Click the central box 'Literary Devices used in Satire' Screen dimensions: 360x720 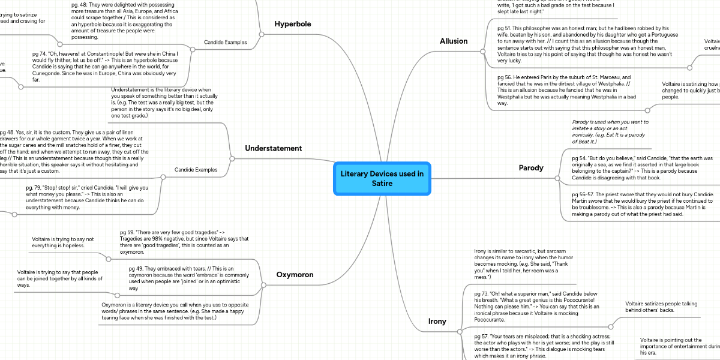pyautogui.click(x=382, y=178)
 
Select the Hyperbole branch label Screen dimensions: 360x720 pyautogui.click(x=293, y=24)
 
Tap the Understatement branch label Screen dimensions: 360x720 pyautogui.click(x=273, y=148)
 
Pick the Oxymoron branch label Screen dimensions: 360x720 pyautogui.click(x=295, y=275)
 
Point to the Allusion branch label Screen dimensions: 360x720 pyautogui.click(x=453, y=41)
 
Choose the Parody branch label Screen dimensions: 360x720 pyautogui.click(x=532, y=168)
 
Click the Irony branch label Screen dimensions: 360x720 pyautogui.click(x=437, y=322)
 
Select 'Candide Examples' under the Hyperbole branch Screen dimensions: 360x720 pyautogui.click(x=224, y=43)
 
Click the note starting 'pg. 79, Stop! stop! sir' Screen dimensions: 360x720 pyautogui.click(x=87, y=197)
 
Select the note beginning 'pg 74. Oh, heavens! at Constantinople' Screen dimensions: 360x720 pyautogui.click(x=105, y=66)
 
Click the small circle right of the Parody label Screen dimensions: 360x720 pyautogui.click(x=558, y=179)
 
